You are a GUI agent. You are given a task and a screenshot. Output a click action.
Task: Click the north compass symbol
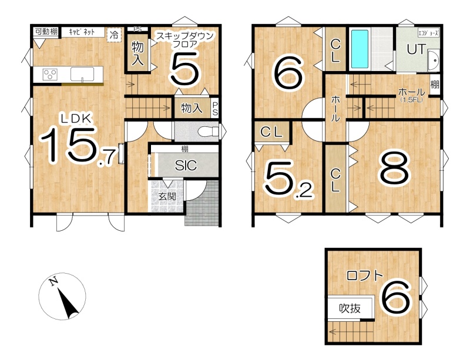point(62,296)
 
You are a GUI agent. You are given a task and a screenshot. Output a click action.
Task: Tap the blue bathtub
point(360,49)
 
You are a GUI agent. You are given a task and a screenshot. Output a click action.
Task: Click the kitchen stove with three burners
point(50,75)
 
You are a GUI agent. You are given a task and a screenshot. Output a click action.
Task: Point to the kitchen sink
point(82,74)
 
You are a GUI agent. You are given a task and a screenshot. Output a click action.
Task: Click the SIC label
point(186,165)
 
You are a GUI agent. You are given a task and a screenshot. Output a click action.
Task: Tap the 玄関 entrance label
point(167,196)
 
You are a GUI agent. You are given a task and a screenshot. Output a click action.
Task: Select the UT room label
point(417,49)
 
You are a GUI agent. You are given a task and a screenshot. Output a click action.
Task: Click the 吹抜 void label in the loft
point(350,308)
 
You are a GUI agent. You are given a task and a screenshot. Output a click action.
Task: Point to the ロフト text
point(365,275)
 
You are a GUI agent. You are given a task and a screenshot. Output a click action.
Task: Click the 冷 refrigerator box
point(114,35)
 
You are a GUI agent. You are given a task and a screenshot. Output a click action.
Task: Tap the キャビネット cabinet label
point(82,32)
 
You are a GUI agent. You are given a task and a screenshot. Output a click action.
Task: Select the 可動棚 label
point(46,31)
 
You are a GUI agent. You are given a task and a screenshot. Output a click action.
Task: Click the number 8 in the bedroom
point(394,167)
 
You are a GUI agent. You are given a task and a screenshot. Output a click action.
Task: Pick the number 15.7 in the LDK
point(79,146)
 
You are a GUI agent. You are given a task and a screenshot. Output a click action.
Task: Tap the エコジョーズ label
point(429,33)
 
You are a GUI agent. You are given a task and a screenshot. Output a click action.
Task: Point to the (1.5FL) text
point(411,100)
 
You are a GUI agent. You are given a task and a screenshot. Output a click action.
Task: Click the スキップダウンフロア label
point(185,40)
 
